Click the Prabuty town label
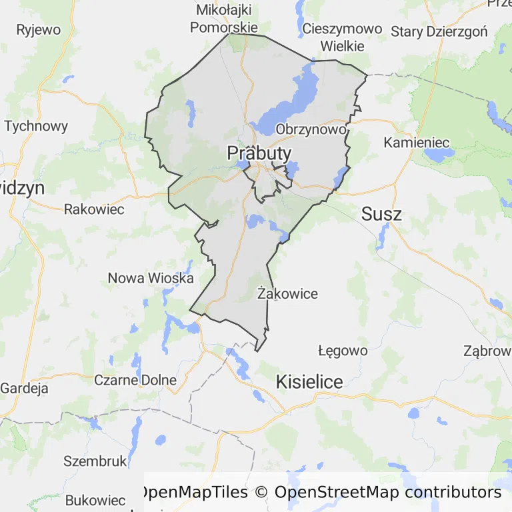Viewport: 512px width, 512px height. [x=259, y=153]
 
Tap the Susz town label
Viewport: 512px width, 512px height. [x=381, y=214]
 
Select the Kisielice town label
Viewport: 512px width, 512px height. [x=309, y=382]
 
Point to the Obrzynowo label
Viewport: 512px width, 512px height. [x=311, y=129]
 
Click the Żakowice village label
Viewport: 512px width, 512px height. [x=287, y=293]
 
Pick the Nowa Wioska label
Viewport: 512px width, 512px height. [x=151, y=278]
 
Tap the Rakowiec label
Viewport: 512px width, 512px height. [x=94, y=209]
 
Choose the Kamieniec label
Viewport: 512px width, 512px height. [x=417, y=143]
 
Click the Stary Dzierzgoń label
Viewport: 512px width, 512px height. [x=439, y=31]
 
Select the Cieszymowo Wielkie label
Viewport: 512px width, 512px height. [x=342, y=37]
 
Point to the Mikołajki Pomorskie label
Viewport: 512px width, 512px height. [x=224, y=19]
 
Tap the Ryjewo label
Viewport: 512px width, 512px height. [x=38, y=30]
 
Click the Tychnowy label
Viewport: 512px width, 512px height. [x=36, y=126]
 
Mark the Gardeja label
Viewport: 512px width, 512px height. [x=25, y=388]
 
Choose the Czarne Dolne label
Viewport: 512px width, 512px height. [x=135, y=380]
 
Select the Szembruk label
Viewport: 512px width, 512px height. [x=95, y=461]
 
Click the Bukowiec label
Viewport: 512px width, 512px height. [x=95, y=501]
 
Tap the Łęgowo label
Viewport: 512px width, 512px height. [x=343, y=351]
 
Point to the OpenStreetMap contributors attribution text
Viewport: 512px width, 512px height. [x=387, y=493]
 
